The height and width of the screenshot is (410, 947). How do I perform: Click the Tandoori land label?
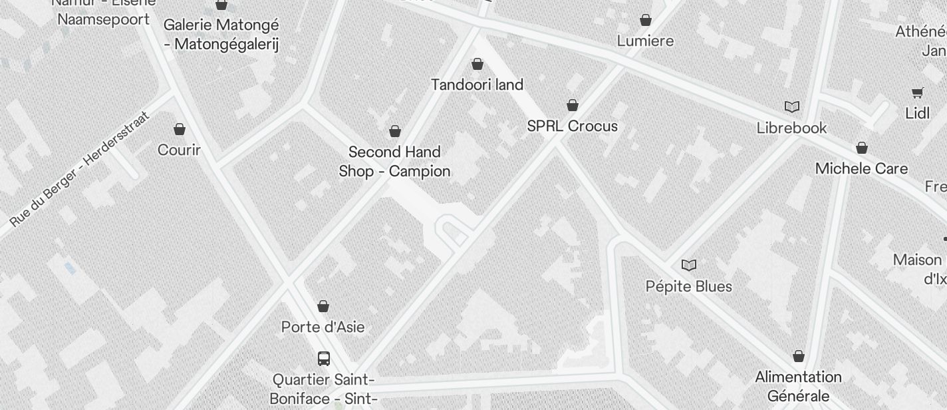(477, 85)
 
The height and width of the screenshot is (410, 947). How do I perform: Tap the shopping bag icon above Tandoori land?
(477, 64)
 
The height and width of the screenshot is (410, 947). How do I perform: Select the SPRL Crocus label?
(572, 126)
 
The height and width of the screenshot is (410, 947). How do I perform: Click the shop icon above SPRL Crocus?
(572, 105)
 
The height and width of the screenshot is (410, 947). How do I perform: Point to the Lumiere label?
(645, 41)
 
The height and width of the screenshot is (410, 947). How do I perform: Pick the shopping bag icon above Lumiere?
(645, 20)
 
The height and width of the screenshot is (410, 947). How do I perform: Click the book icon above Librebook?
(791, 106)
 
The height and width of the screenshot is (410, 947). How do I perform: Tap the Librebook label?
(791, 127)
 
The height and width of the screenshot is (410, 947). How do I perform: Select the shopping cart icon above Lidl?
(917, 93)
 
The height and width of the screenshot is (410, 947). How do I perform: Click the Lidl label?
(917, 113)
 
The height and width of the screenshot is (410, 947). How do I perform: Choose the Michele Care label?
(861, 168)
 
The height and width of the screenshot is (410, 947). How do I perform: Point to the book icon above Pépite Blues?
(688, 266)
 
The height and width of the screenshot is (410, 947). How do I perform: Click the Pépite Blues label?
(688, 286)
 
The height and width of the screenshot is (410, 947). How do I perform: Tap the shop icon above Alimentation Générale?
(798, 356)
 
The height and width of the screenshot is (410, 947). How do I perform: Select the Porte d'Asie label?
(323, 327)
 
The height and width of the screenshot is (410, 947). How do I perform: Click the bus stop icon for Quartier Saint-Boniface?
(323, 359)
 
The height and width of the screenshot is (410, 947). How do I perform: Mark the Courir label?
(179, 150)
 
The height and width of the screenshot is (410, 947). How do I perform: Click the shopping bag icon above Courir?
(179, 128)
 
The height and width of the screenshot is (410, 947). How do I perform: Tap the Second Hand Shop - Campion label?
(394, 162)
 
